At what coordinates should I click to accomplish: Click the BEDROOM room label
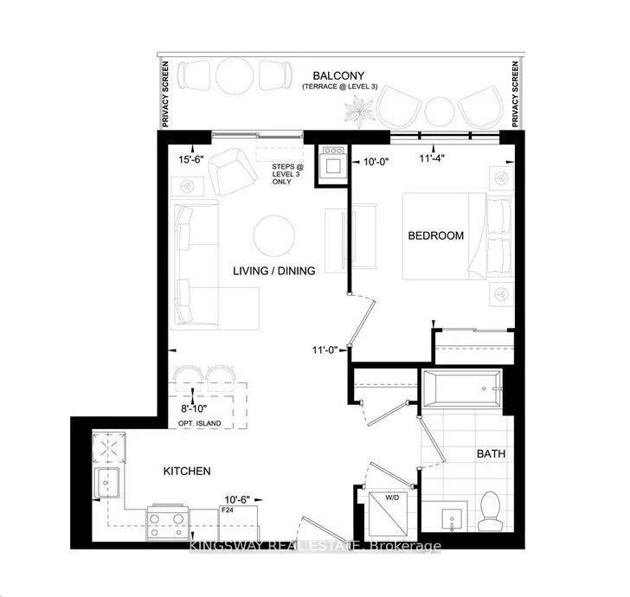[436, 235]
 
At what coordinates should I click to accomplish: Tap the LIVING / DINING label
[273, 271]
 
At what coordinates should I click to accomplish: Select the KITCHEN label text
[187, 472]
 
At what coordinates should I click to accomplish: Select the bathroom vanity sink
[451, 518]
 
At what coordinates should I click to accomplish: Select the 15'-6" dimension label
[192, 160]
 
